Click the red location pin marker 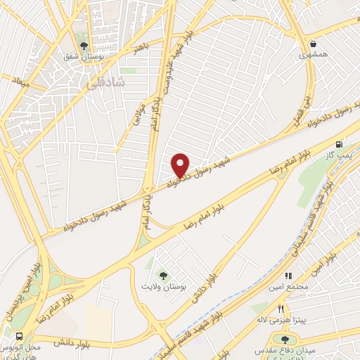(x=181, y=165)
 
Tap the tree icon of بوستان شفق (x=84, y=46)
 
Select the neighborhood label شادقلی (x=108, y=83)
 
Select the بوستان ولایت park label (x=165, y=289)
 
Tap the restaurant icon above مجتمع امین (x=288, y=276)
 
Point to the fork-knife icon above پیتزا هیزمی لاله (x=281, y=309)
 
